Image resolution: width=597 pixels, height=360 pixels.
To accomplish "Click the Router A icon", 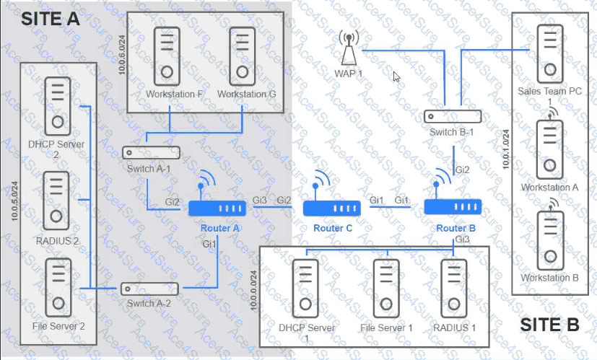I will (x=217, y=208).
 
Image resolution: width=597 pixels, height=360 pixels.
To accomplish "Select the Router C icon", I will (x=331, y=208).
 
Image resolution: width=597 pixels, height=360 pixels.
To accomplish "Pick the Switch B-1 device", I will (x=453, y=116).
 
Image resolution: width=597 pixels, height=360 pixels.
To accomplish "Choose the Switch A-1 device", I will (x=151, y=152).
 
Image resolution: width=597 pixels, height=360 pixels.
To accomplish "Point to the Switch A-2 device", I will (x=149, y=289).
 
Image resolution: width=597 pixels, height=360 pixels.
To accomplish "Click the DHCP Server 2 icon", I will (x=56, y=106).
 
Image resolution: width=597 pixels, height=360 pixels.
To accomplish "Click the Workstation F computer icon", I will (x=167, y=56).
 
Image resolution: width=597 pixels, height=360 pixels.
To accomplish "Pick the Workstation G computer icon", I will (x=242, y=56).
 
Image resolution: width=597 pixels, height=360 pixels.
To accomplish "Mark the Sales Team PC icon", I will (x=550, y=52).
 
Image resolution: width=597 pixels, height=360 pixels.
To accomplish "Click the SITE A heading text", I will (x=51, y=19).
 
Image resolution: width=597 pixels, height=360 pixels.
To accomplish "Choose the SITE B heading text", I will (x=550, y=325).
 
